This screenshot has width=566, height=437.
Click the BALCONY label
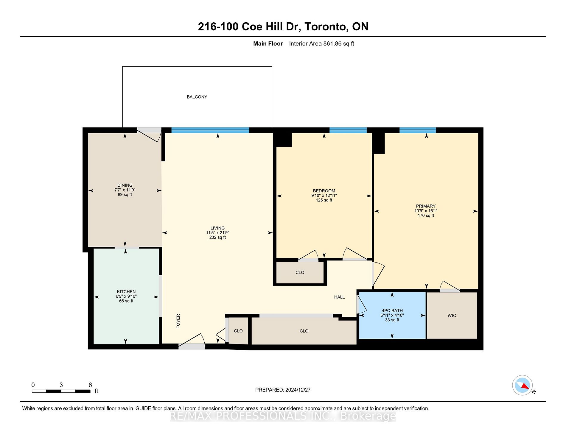pos(197,97)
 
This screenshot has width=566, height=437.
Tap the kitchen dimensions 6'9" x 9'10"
pos(126,296)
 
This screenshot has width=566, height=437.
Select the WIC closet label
pos(452,316)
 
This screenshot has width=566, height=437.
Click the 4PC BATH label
pos(392,310)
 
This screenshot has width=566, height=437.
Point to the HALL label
pos(339,297)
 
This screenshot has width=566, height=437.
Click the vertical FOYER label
pos(178,321)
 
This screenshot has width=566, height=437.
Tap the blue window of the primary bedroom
pos(418,130)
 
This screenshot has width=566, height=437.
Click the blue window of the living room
pos(210,130)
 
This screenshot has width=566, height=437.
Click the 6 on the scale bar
pos(90,385)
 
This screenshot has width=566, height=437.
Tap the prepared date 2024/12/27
pos(298,390)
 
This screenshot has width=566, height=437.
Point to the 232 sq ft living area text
pos(218,237)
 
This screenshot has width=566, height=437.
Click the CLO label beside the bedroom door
pos(300,273)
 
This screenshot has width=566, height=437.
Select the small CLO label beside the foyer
pos(238,331)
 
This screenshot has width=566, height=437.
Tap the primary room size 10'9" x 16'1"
pos(426,211)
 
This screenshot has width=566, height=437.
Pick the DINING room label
pos(125,185)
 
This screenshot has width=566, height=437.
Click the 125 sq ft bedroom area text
pos(324,200)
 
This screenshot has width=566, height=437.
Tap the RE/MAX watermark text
pos(283,416)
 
